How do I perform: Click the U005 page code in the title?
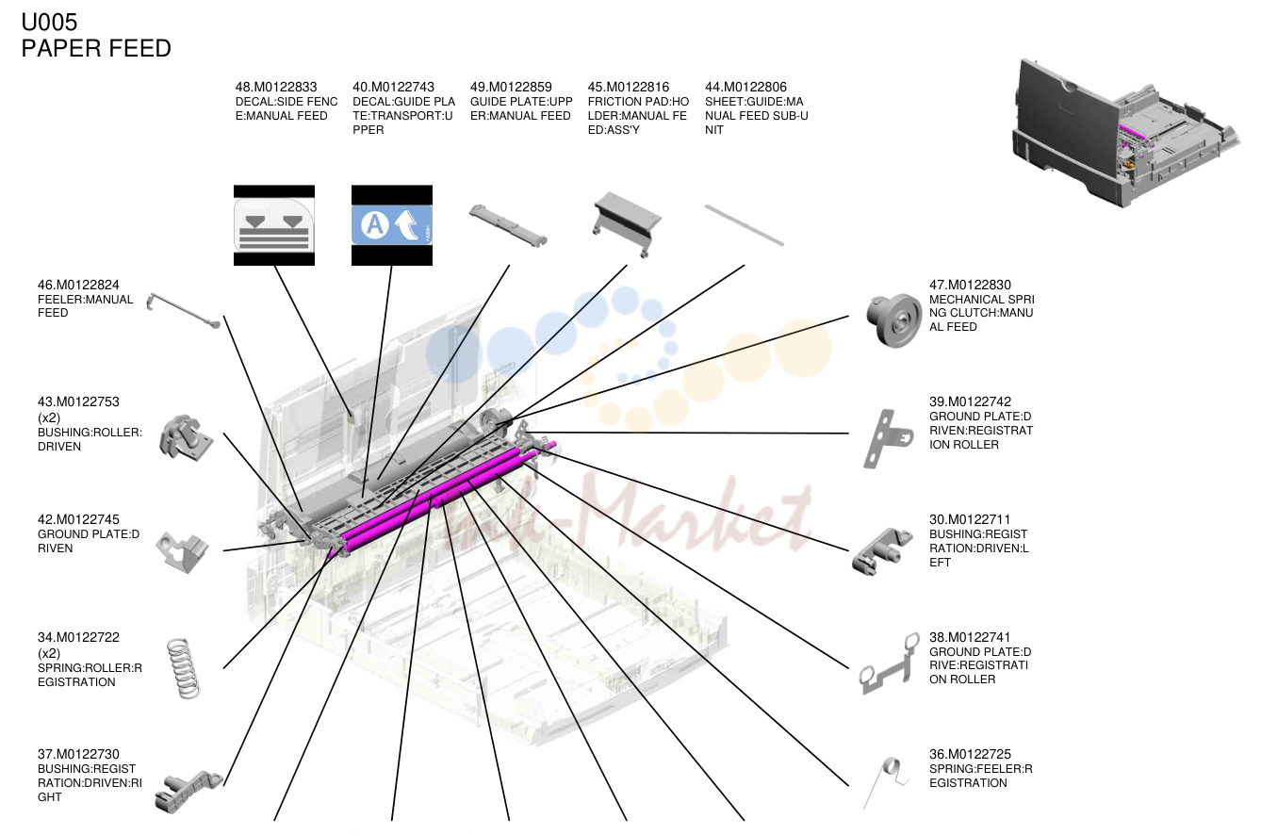click(49, 23)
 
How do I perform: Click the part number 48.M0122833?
click(276, 88)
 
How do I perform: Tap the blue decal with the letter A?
click(392, 225)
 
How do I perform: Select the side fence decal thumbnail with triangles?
click(274, 225)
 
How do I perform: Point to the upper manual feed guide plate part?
click(508, 225)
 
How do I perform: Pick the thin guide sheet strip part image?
click(745, 225)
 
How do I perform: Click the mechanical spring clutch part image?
click(893, 319)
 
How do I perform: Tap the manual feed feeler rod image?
click(183, 310)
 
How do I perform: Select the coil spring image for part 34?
click(184, 668)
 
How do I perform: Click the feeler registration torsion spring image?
click(888, 781)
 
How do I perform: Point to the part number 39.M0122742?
click(970, 402)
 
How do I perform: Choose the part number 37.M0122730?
click(78, 755)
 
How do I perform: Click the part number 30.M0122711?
click(970, 519)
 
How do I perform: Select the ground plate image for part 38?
click(890, 664)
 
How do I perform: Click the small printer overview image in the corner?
click(1124, 133)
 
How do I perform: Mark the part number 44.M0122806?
click(745, 88)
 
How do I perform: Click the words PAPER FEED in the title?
click(96, 48)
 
